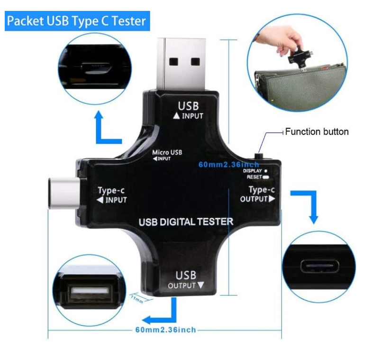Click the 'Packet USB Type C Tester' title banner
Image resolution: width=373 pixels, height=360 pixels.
pyautogui.click(x=77, y=21)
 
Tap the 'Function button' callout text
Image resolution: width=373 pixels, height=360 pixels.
pyautogui.click(x=317, y=132)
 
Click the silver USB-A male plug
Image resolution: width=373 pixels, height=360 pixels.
pyautogui.click(x=181, y=64)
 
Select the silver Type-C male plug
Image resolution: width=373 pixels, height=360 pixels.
pyautogui.click(x=64, y=193)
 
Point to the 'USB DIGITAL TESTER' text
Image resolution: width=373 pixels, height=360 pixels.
pyautogui.click(x=186, y=222)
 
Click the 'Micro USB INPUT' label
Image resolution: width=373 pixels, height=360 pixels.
pyautogui.click(x=167, y=155)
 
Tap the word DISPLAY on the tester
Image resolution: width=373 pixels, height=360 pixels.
pyautogui.click(x=253, y=171)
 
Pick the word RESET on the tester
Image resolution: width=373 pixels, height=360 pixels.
pyautogui.click(x=255, y=177)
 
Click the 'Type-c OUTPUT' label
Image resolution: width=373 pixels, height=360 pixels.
pyautogui.click(x=258, y=194)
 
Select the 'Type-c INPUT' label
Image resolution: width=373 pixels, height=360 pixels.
pyautogui.click(x=112, y=195)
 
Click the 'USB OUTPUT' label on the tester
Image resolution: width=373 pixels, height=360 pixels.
pyautogui.click(x=186, y=280)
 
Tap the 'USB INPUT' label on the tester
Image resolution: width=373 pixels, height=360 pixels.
pyautogui.click(x=188, y=110)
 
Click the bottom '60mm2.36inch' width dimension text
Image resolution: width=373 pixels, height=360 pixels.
pyautogui.click(x=165, y=330)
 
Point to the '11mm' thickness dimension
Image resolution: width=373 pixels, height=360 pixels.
pyautogui.click(x=137, y=299)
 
